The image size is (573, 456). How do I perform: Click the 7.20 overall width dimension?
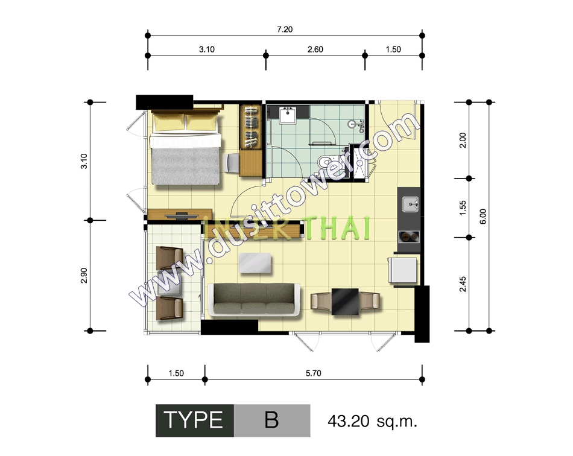(285, 29)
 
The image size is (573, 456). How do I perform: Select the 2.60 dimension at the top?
(315, 49)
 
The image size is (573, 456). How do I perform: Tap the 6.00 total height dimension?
(483, 217)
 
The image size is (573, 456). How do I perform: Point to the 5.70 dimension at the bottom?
(313, 373)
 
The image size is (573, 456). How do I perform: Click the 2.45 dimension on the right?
(463, 284)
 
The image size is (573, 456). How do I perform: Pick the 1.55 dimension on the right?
(463, 207)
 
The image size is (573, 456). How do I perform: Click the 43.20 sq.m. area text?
(372, 421)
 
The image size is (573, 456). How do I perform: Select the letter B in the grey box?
(271, 420)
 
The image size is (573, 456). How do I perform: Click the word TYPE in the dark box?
(194, 420)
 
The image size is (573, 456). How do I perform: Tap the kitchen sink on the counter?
(410, 204)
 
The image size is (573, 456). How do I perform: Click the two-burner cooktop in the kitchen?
(409, 237)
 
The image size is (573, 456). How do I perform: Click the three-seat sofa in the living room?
(254, 300)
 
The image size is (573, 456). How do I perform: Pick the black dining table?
(345, 302)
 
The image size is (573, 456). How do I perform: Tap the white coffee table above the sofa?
(255, 263)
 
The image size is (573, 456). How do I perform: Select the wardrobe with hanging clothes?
(250, 127)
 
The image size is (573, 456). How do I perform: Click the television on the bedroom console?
(182, 215)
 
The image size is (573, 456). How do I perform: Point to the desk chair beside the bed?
(232, 163)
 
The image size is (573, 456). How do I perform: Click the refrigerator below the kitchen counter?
(403, 270)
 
